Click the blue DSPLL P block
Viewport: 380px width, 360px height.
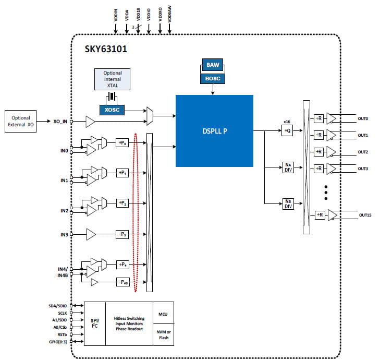tap(214, 130)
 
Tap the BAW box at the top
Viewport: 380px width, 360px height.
tap(213, 65)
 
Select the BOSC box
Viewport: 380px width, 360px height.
tap(213, 78)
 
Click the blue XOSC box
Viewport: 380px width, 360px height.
tap(112, 110)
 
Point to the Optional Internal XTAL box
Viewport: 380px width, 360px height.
tap(112, 79)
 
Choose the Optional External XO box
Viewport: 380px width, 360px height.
tap(20, 121)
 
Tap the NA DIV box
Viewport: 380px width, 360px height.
tap(287, 167)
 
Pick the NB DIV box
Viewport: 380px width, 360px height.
tap(287, 203)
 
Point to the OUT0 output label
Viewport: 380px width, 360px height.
tap(363, 119)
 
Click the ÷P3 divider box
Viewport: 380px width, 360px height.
tap(122, 235)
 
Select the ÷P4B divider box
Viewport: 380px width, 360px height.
tap(123, 282)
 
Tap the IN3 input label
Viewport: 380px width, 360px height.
tap(64, 235)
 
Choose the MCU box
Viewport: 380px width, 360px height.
tap(163, 314)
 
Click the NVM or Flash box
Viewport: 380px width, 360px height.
tap(163, 334)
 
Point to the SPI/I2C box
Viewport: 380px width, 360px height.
tap(95, 323)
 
